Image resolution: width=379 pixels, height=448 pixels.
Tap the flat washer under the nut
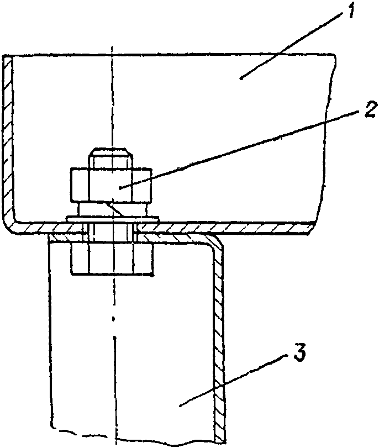110,218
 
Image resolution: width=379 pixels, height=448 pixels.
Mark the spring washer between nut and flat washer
110,209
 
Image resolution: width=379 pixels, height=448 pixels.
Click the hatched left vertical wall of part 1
7,138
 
